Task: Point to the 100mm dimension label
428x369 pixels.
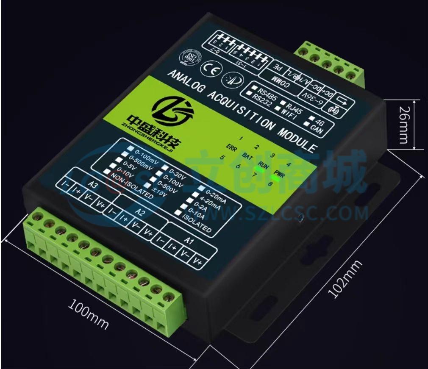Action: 88,315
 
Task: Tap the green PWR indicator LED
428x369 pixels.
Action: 275,178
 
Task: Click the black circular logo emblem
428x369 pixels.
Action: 172,109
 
